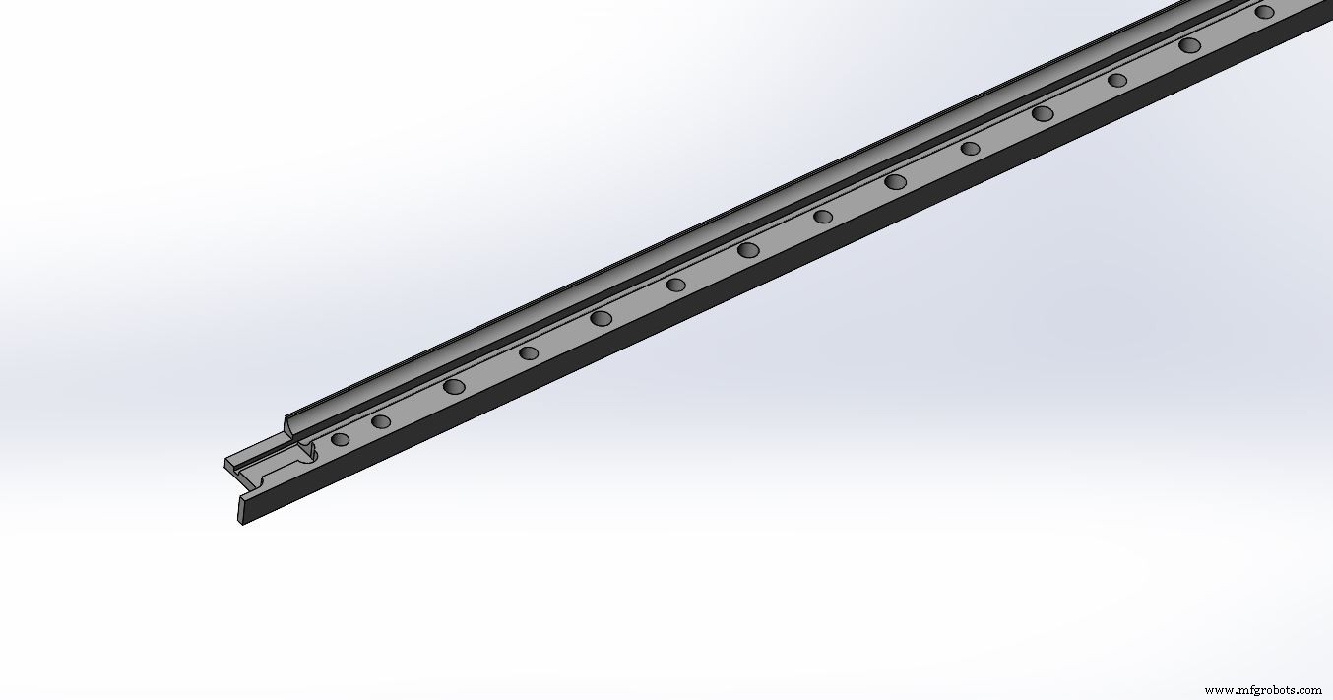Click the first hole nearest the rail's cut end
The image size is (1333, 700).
click(x=340, y=439)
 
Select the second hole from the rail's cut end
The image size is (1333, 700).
click(x=381, y=422)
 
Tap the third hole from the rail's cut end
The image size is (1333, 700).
click(x=454, y=386)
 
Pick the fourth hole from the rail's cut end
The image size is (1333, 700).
click(x=529, y=352)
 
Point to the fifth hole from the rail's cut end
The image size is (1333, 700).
click(x=601, y=317)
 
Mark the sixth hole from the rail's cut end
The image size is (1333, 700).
click(x=675, y=285)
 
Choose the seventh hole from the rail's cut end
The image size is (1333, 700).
click(x=748, y=250)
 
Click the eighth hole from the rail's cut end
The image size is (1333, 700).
click(x=823, y=217)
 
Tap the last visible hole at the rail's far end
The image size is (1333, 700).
click(x=1265, y=12)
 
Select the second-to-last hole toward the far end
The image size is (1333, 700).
click(x=1190, y=45)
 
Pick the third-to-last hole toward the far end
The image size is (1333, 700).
click(x=1117, y=80)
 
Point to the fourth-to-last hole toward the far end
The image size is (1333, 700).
click(x=1043, y=113)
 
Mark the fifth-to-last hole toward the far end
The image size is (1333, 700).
click(x=970, y=149)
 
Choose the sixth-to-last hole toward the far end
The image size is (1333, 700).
click(x=895, y=181)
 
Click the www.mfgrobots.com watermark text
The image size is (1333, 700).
click(x=1263, y=690)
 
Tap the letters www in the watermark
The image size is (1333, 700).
click(x=1217, y=690)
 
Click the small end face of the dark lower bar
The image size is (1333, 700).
click(x=242, y=510)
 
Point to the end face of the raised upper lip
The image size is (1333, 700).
click(x=287, y=425)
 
